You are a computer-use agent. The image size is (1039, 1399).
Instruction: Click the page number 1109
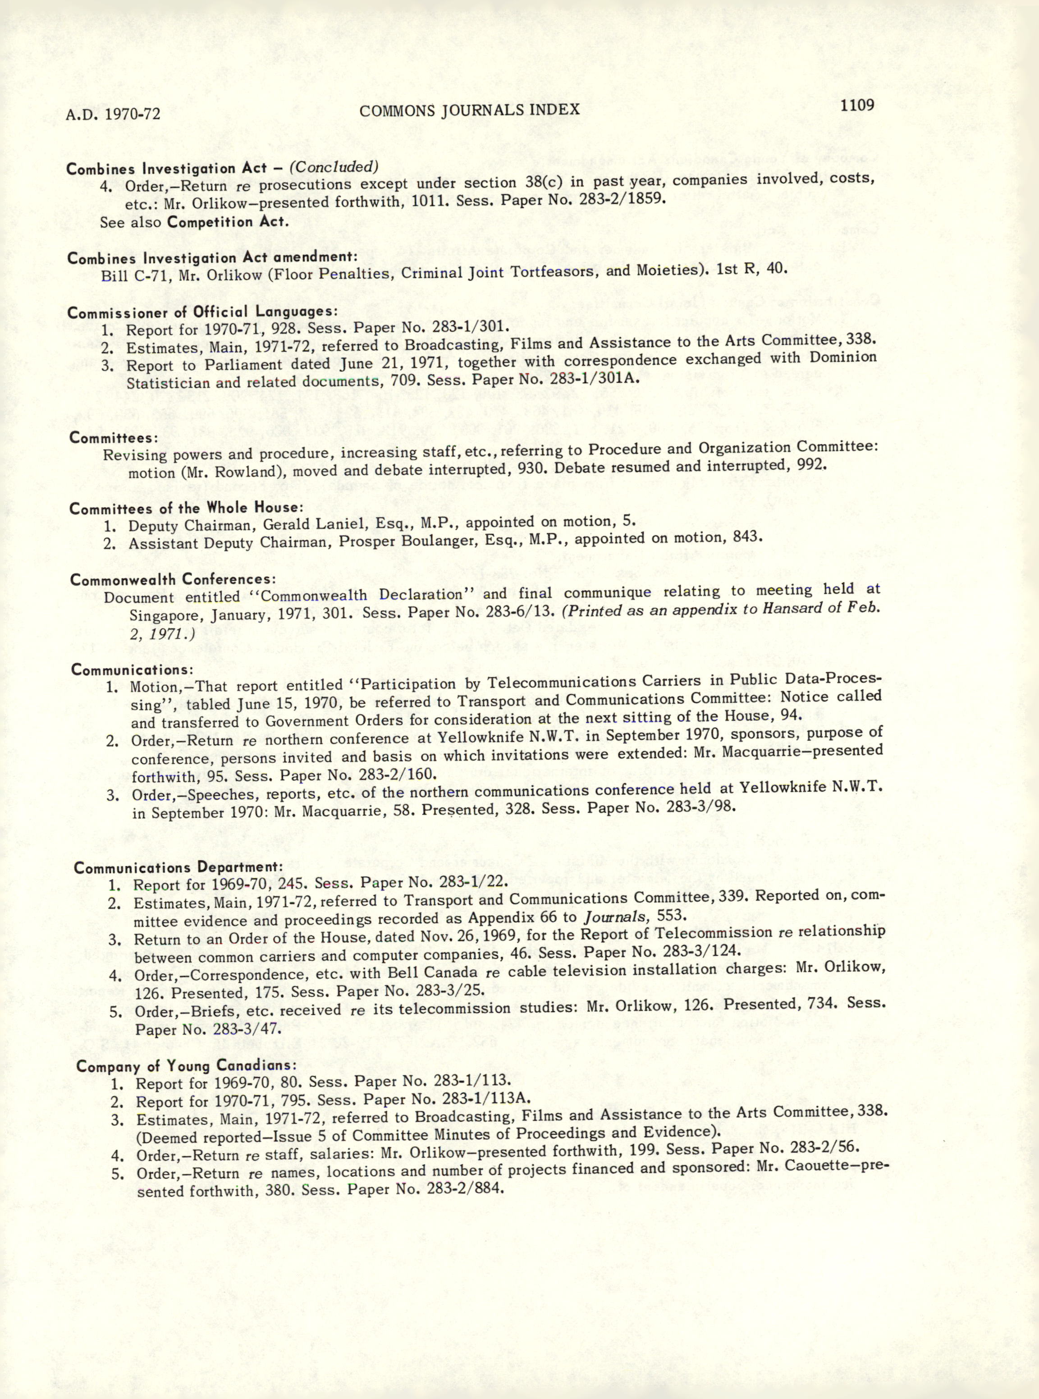pyautogui.click(x=856, y=105)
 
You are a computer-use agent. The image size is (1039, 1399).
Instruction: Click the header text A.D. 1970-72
pyautogui.click(x=113, y=114)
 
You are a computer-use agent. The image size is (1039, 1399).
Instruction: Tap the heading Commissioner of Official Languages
pyautogui.click(x=202, y=312)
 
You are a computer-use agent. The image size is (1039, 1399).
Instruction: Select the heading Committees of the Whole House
pyautogui.click(x=187, y=508)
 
